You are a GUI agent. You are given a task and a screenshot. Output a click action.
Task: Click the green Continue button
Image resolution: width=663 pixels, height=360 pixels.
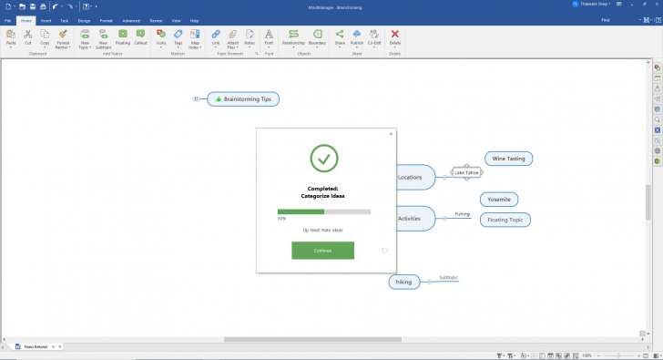(322, 251)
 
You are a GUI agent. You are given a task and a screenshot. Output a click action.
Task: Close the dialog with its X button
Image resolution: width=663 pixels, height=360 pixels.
(392, 134)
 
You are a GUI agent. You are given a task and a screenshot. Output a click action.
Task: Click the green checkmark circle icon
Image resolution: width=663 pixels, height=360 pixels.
(323, 159)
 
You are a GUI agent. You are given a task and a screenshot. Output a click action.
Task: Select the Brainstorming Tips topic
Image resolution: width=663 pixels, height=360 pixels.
(243, 98)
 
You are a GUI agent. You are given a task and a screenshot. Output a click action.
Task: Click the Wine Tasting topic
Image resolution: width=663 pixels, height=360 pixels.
(508, 159)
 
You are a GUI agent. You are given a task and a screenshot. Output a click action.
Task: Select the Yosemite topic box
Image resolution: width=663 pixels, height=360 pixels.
(499, 199)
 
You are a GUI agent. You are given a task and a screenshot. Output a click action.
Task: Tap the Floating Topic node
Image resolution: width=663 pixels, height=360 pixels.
(505, 220)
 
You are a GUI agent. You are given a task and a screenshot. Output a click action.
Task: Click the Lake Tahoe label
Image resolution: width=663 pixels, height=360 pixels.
(466, 172)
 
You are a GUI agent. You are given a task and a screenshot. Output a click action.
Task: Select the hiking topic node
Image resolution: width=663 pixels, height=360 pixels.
(404, 282)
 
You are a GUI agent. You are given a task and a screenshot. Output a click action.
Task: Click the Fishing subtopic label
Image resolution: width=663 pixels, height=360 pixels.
(463, 214)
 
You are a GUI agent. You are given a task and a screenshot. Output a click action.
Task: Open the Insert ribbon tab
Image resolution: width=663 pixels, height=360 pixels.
(46, 19)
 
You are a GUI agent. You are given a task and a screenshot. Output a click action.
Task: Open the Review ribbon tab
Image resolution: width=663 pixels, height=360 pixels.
(156, 19)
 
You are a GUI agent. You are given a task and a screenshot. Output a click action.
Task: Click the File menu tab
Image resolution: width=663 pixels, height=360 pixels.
(8, 19)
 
